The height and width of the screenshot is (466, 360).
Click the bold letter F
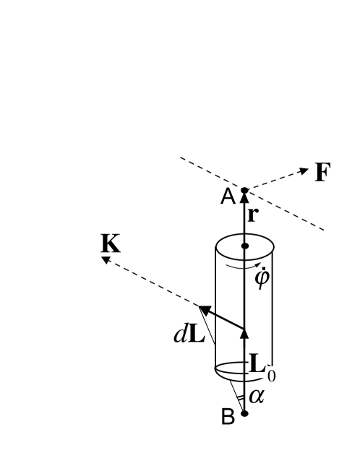(x=322, y=173)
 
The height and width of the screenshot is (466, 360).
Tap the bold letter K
(x=110, y=244)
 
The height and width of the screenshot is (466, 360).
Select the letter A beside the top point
(x=228, y=197)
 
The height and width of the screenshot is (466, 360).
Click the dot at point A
(x=244, y=191)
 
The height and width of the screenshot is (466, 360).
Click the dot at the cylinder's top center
(x=244, y=247)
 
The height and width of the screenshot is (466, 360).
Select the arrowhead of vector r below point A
(x=244, y=197)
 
